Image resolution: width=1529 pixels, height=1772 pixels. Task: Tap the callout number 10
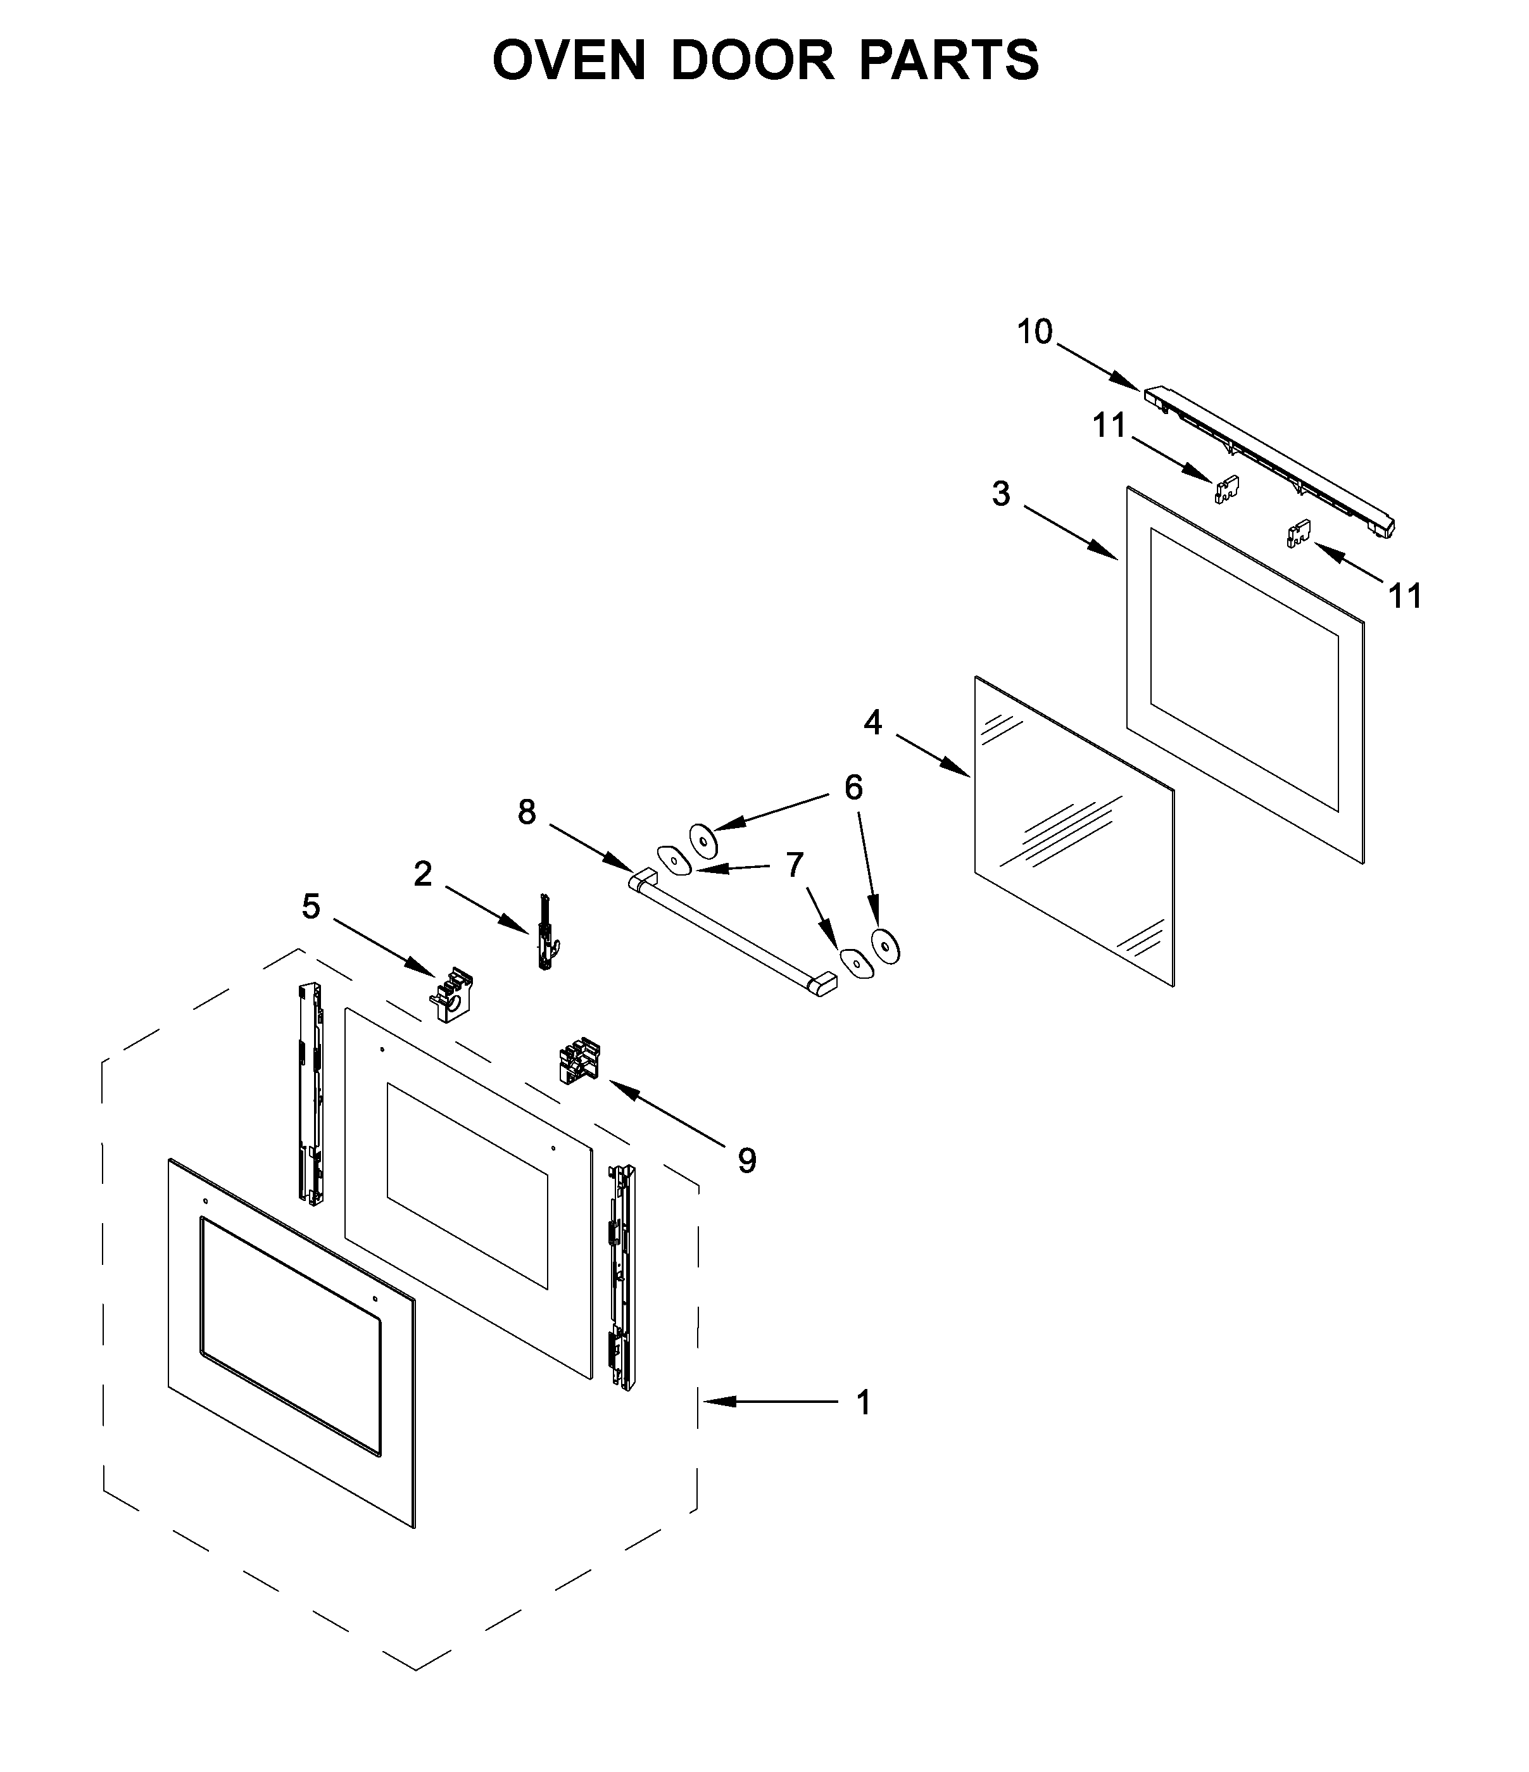tap(1034, 332)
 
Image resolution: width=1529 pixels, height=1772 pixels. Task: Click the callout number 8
tap(527, 812)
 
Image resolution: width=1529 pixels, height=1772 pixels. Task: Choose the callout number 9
tap(746, 1160)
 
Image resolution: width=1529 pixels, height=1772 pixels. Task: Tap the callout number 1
tap(864, 1402)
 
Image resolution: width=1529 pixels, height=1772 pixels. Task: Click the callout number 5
tap(311, 907)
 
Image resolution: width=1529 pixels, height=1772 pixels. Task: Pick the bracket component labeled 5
tap(451, 996)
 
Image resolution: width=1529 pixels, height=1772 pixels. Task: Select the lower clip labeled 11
tap(1298, 534)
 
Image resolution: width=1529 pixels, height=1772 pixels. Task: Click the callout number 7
tap(795, 865)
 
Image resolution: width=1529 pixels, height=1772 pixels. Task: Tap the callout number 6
tap(853, 788)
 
